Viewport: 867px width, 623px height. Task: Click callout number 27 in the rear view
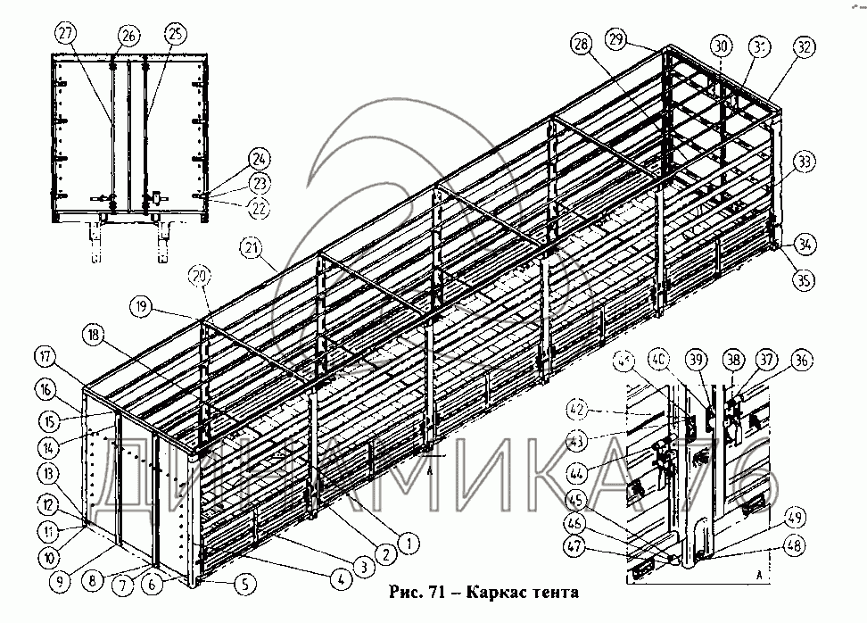[x=64, y=34]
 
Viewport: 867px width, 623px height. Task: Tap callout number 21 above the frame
[x=252, y=248]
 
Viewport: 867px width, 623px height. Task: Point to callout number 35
[x=804, y=279]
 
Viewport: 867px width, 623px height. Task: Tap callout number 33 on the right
[x=805, y=162]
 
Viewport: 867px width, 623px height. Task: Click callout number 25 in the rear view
[x=172, y=34]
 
